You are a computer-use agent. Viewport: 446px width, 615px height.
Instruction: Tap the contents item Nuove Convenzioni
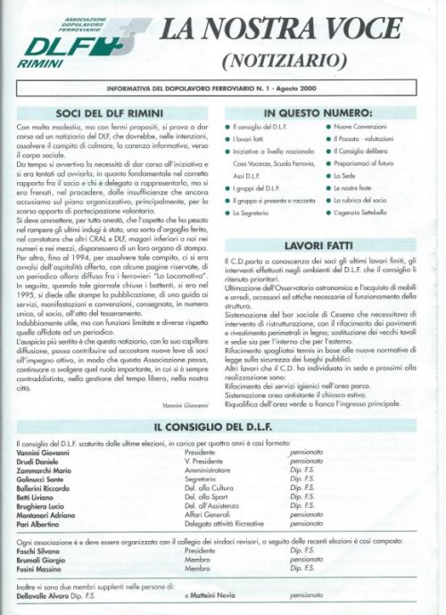click(360, 129)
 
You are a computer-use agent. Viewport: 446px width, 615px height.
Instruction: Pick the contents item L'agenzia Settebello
click(366, 214)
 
